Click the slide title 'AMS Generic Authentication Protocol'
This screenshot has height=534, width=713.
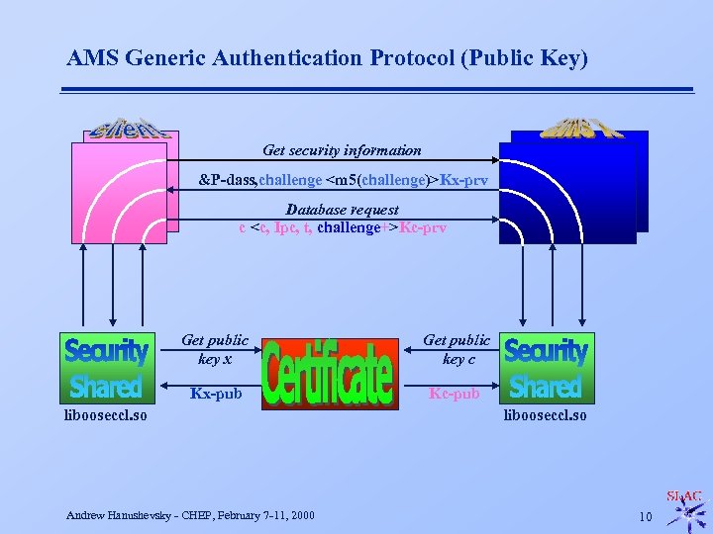[x=327, y=58]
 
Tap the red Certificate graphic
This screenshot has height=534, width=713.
[x=328, y=373]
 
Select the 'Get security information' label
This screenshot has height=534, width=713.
[x=342, y=150]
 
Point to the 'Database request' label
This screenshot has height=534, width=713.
[x=342, y=210]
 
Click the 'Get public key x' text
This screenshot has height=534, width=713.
[x=215, y=349]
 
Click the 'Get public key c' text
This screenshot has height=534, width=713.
[x=457, y=349]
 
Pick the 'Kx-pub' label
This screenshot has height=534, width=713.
[x=216, y=394]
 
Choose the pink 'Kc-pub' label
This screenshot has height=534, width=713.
[x=454, y=394]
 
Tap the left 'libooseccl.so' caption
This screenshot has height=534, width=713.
[x=105, y=415]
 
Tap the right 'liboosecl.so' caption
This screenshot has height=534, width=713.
[x=546, y=415]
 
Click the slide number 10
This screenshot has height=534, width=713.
[x=646, y=516]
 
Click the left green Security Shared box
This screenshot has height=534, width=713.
[x=106, y=367]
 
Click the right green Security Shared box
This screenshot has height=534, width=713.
[x=546, y=367]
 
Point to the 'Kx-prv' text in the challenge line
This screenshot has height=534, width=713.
[x=463, y=180]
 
